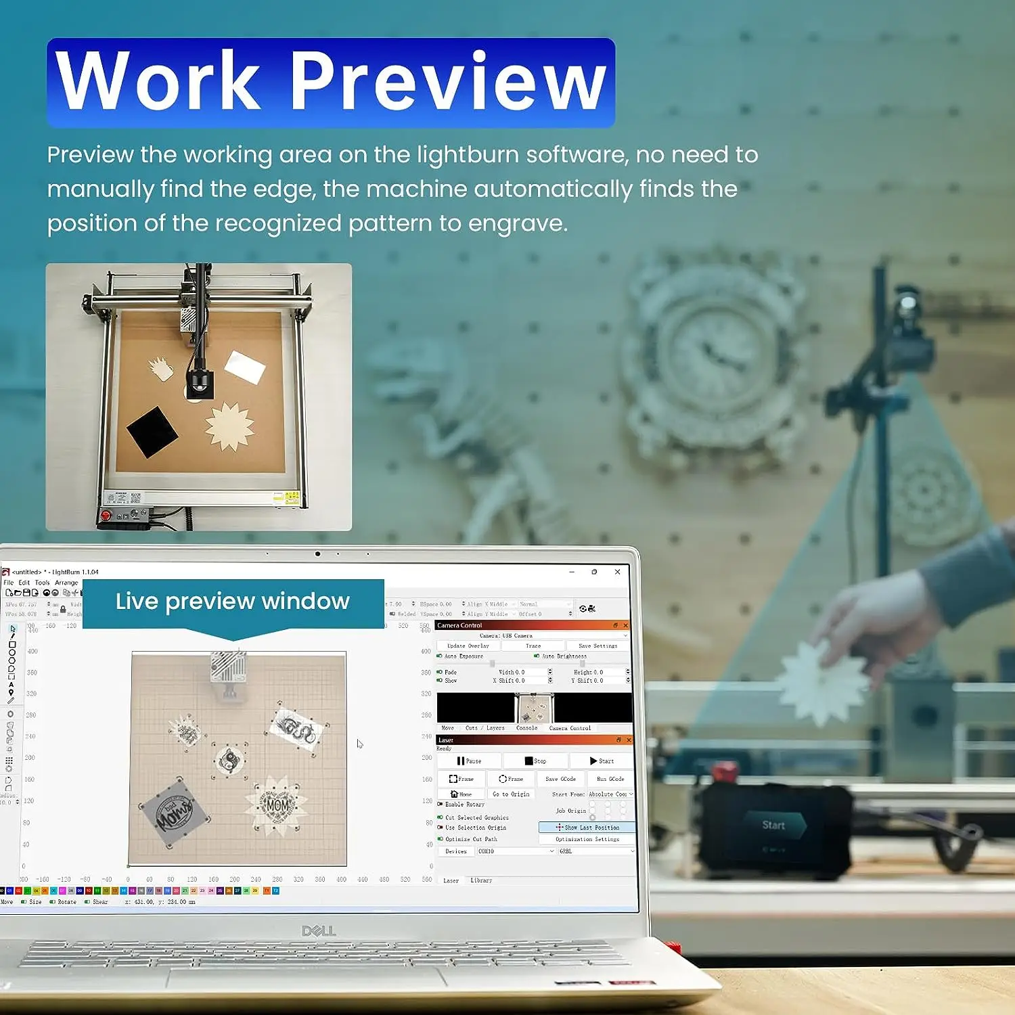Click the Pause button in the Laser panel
(469, 761)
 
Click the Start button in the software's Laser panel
(602, 761)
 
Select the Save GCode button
(560, 779)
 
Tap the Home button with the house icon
(461, 794)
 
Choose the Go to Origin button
(511, 794)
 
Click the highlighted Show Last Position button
(587, 827)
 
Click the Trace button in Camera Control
(533, 646)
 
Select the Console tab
(526, 728)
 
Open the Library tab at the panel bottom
(481, 880)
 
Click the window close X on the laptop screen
(618, 572)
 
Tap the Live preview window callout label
(233, 601)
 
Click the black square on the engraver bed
(152, 432)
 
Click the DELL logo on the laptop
(319, 931)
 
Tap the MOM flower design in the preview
(276, 805)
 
